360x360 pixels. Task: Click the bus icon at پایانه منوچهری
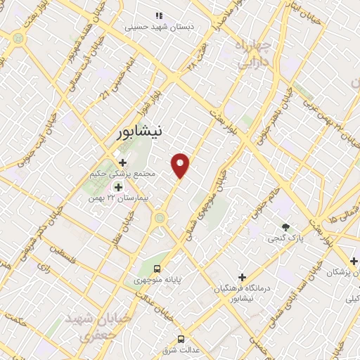(158, 268)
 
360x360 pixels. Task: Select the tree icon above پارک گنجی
(285, 227)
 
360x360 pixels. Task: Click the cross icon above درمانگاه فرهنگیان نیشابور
(242, 278)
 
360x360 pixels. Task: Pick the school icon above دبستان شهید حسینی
(159, 15)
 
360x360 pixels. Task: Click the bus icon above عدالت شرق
(181, 338)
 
